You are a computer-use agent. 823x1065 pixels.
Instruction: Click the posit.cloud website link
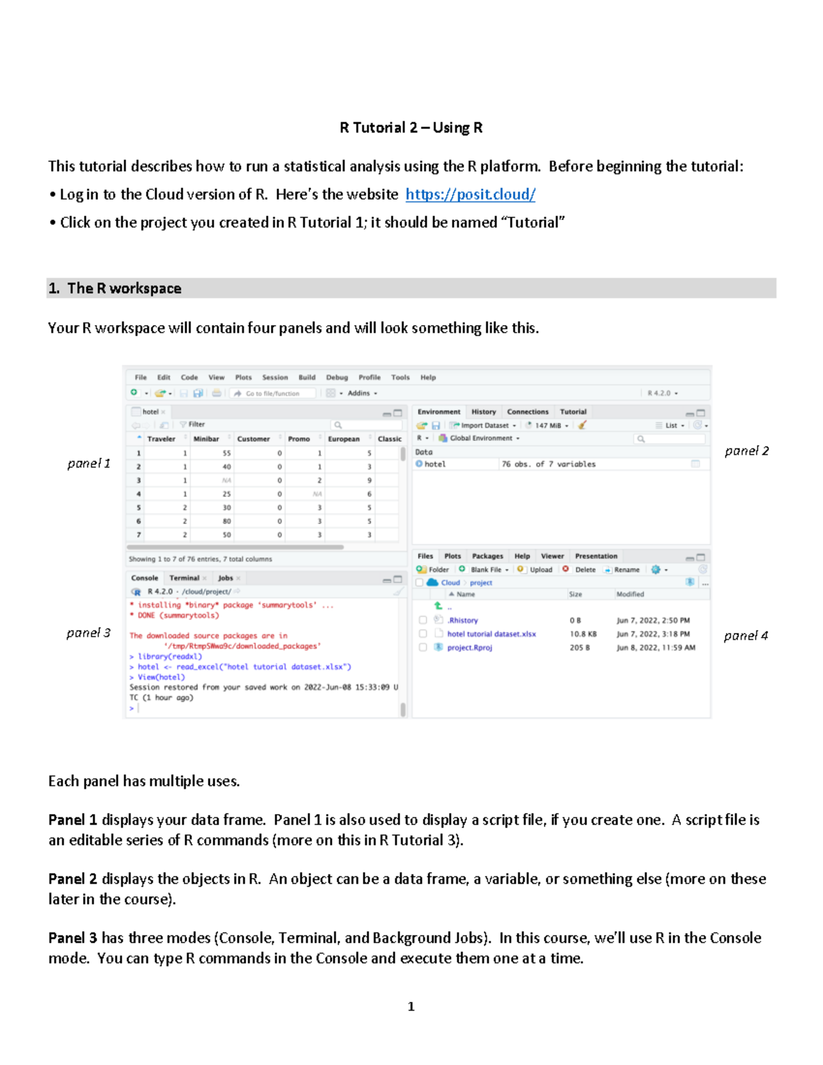[470, 195]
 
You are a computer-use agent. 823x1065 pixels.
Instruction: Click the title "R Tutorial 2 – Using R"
[411, 128]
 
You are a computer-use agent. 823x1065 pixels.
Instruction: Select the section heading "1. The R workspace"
[115, 289]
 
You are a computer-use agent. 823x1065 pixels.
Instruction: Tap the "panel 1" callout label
[88, 464]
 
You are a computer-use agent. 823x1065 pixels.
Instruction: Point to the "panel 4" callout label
[746, 636]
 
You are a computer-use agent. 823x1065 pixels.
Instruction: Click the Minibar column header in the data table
[206, 439]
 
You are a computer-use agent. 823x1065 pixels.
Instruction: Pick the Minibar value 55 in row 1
[226, 453]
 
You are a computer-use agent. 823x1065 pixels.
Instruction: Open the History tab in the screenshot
[484, 412]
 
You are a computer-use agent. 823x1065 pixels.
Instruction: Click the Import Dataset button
[484, 426]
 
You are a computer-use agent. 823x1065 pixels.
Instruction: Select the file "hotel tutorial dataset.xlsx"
[491, 634]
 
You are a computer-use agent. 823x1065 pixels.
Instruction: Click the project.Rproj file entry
[469, 647]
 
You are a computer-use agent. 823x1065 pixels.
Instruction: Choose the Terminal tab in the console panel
[184, 578]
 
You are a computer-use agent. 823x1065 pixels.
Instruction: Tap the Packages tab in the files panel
[488, 556]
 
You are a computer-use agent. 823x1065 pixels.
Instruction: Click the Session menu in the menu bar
[274, 377]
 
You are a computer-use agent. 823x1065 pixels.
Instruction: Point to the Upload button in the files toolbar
[540, 570]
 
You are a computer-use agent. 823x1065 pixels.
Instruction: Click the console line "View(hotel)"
[161, 677]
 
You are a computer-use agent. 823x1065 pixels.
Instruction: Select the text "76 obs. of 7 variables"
[548, 464]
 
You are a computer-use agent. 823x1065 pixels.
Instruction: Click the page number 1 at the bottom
[411, 1007]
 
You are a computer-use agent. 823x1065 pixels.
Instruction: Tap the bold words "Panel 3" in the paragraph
[73, 938]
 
